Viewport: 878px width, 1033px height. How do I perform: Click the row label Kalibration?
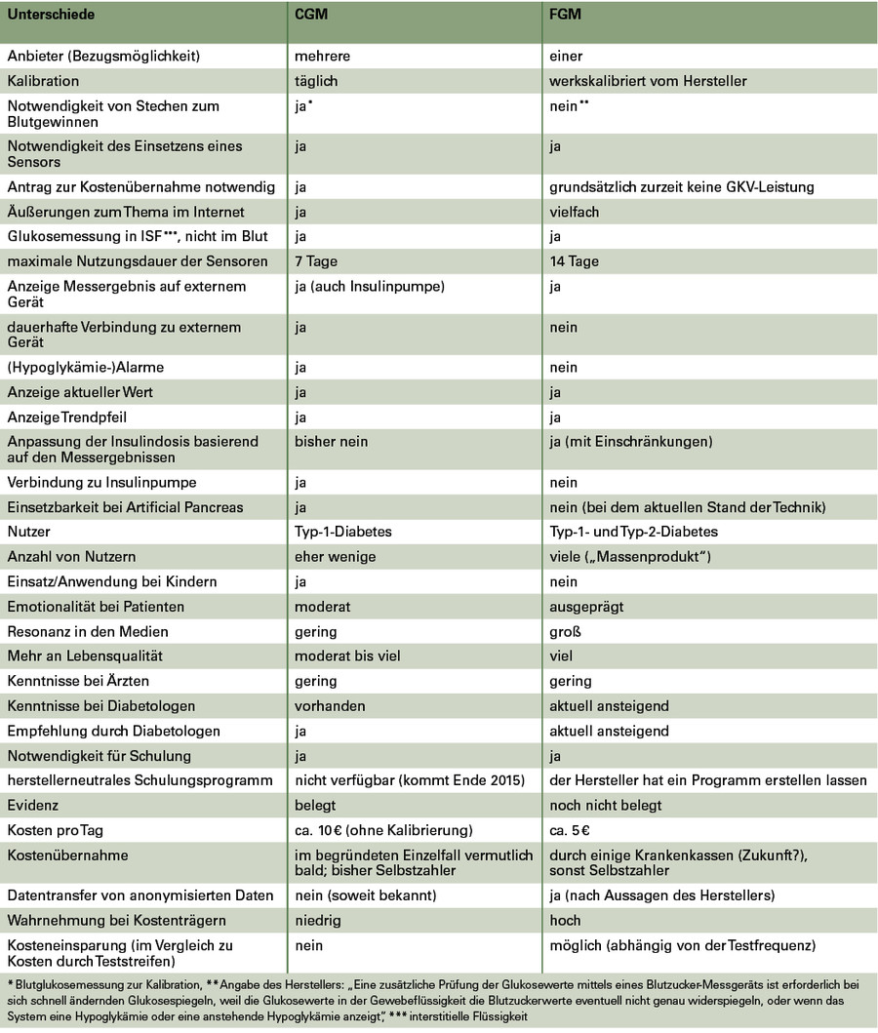[44, 81]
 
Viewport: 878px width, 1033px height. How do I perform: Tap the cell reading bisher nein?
[332, 442]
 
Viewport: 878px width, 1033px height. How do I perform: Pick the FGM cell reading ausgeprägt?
[585, 607]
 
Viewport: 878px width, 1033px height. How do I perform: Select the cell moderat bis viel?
[347, 656]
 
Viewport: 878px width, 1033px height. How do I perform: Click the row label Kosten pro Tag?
[56, 830]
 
